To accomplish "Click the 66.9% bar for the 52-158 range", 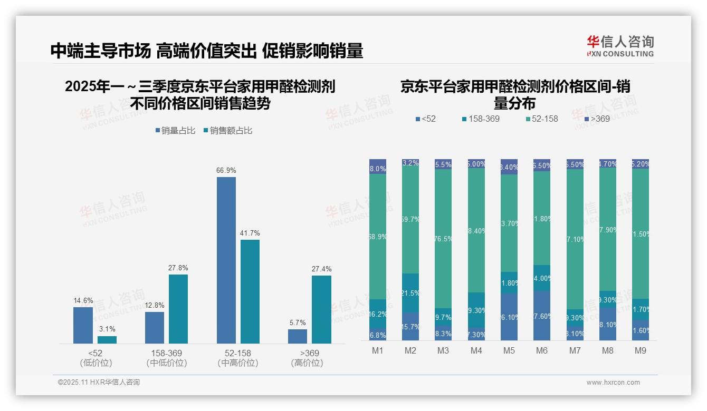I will coord(226,260).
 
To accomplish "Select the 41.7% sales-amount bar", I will coord(250,291).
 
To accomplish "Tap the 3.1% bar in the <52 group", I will coord(107,340).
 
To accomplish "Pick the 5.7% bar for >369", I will coord(298,336).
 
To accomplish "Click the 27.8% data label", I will coord(178,268).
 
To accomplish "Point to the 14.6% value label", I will coord(83,300).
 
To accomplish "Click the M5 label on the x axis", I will coord(509,350).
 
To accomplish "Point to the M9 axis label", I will coord(641,350).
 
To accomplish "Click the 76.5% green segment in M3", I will coord(443,238).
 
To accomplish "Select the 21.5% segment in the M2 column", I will coord(410,293).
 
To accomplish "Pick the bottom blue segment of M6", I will coord(542,316).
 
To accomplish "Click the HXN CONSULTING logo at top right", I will coord(620,46).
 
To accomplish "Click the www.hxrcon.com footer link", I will coord(613,383).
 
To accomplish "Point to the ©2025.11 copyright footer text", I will coord(99,383).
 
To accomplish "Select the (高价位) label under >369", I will coord(307,363).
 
